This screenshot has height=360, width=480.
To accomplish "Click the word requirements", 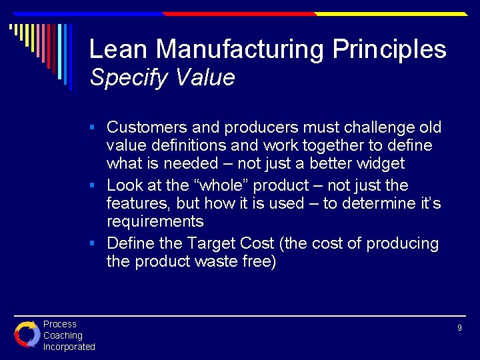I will pos(155,222).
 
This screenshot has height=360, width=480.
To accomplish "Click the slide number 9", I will pos(459,328).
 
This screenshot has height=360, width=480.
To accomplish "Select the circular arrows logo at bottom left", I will pos(27,334).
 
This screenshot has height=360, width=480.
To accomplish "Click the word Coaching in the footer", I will pos(63,335).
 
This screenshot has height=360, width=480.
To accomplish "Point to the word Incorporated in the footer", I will pos(69,347).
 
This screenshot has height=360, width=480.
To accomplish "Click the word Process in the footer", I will pos(60,324).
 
